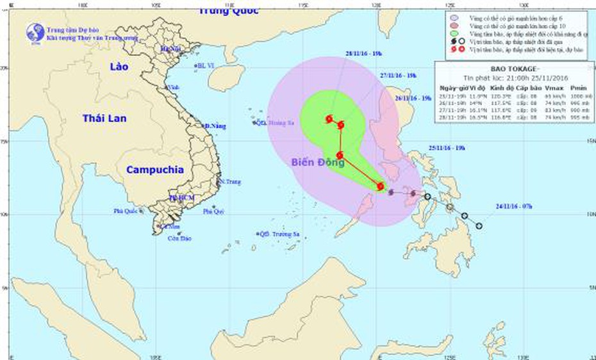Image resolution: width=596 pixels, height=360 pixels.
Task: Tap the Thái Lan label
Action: pos(104,119)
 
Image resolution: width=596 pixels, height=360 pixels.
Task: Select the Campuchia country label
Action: pos(155,170)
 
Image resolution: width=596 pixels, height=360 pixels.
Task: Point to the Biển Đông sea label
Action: pos(318,163)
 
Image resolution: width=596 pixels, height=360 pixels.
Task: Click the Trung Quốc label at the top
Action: pos(228,10)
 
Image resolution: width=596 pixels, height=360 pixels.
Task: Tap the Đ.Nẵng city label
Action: pos(215,127)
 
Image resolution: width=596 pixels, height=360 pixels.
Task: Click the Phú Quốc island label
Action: pos(126,210)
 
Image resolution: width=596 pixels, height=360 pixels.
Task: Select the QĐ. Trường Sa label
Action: pos(283,234)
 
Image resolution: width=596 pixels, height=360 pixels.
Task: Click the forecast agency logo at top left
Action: pos(35,33)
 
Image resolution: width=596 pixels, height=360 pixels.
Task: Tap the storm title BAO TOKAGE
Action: pos(510,69)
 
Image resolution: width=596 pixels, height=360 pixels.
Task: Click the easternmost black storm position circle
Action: pos(479,225)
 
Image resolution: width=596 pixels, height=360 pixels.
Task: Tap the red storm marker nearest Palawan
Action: pos(381,186)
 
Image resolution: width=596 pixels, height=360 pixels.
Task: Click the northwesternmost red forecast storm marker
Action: pos(329,119)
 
